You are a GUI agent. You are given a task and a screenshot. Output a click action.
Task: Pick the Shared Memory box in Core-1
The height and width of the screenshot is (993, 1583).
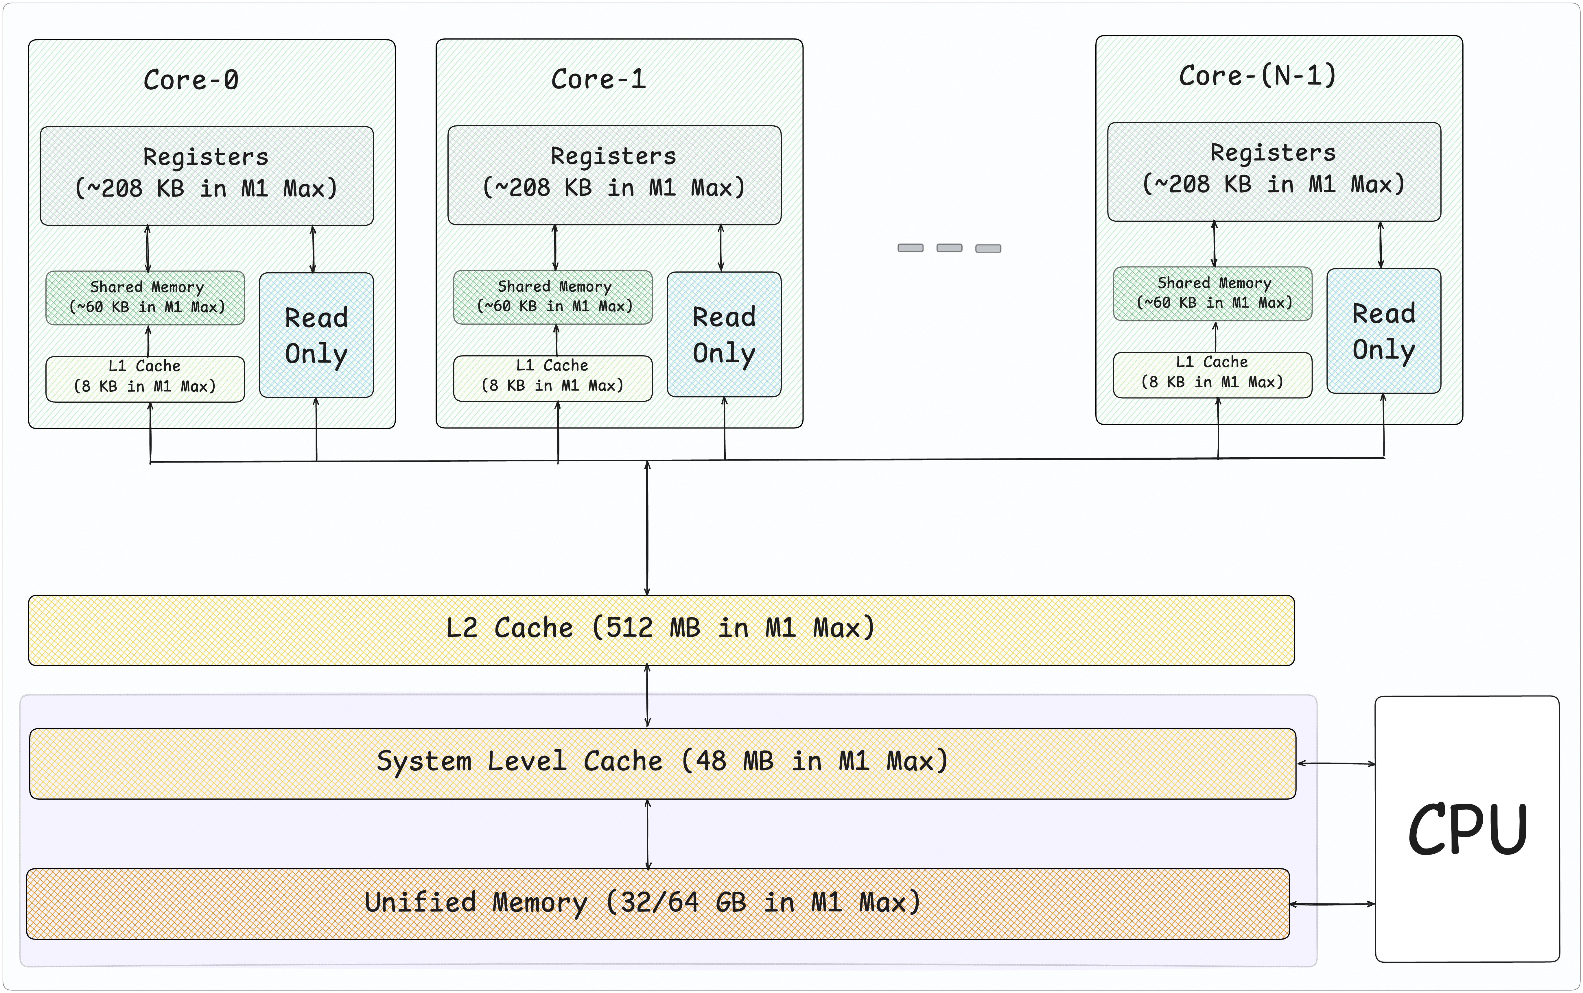pos(553,297)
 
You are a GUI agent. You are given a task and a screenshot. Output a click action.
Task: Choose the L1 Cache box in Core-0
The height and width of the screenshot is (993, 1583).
pos(145,379)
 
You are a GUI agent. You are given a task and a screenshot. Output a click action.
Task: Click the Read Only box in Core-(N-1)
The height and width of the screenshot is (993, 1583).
pos(1384,331)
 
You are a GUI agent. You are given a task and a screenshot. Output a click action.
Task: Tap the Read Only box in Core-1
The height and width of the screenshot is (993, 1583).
pos(724,334)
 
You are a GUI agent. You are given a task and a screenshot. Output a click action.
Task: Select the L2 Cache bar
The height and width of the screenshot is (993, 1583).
pos(661,630)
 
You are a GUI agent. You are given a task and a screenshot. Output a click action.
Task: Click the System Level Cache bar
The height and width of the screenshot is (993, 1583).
pos(662,764)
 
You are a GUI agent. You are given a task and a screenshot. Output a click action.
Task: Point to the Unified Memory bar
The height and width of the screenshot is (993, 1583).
pos(658,904)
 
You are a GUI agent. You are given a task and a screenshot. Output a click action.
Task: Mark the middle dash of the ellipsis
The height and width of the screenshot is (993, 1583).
pos(949,247)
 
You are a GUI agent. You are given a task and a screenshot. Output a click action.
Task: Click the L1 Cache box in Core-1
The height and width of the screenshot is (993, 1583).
pos(553,378)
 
